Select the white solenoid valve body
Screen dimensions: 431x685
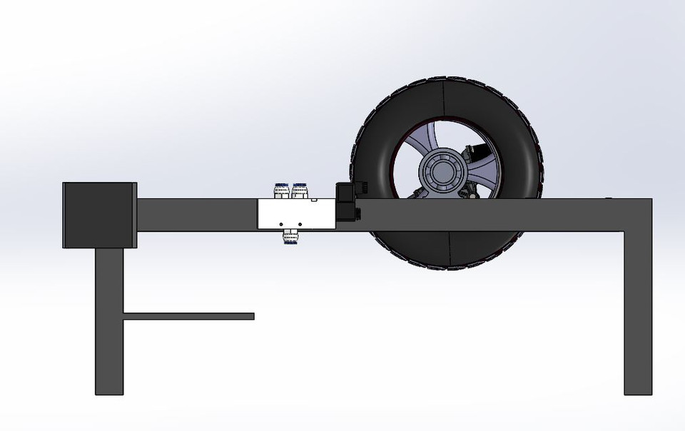(296, 214)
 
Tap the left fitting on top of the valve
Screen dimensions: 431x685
(281, 191)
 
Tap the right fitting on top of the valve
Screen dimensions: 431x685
(299, 191)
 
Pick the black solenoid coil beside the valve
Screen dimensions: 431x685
(347, 202)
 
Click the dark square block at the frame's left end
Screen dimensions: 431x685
(99, 215)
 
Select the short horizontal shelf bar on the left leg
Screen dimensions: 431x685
(188, 316)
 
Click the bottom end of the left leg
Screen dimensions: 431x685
(109, 389)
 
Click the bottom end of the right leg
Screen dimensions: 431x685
(638, 389)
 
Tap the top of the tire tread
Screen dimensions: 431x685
(445, 80)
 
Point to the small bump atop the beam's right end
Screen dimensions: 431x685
(609, 198)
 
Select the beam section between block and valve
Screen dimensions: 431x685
(197, 215)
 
